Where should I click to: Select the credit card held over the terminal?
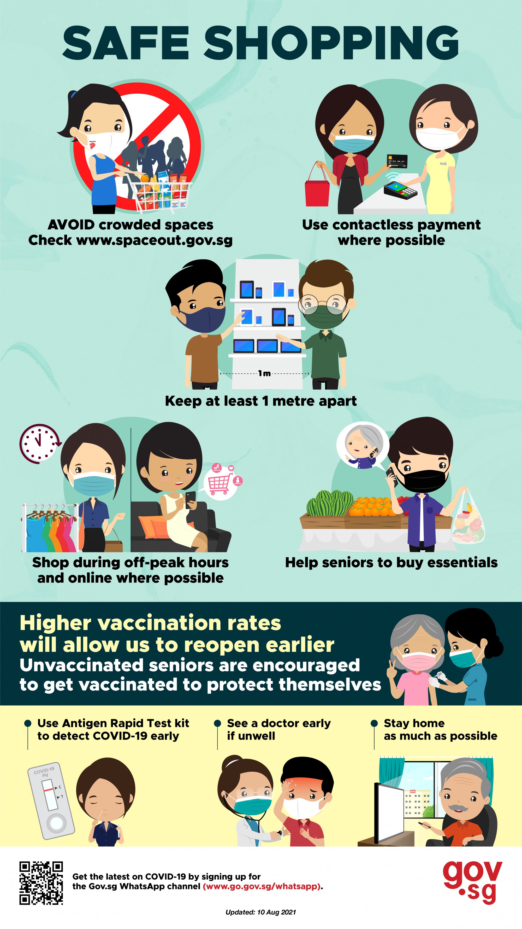[x=397, y=161]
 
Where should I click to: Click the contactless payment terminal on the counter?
[x=400, y=189]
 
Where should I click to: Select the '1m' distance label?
[x=264, y=373]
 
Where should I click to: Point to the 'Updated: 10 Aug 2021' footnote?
[x=261, y=912]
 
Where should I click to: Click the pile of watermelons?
[x=330, y=503]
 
